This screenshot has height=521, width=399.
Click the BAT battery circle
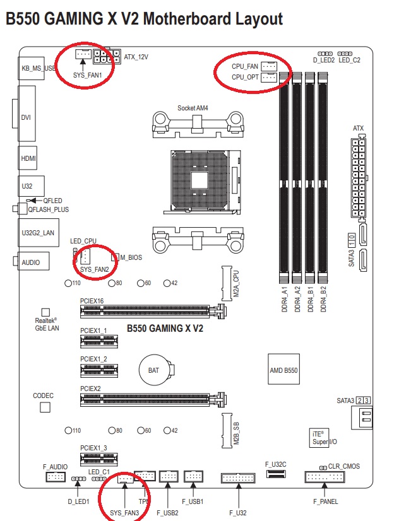click(153, 370)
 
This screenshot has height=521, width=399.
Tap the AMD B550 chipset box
click(283, 370)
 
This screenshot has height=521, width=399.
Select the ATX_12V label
click(136, 57)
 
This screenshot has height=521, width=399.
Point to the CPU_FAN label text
click(245, 66)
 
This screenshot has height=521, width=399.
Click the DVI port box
click(28, 117)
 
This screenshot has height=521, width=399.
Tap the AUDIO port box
click(30, 261)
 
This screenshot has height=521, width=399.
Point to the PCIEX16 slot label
click(92, 301)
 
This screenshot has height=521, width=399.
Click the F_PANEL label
click(325, 501)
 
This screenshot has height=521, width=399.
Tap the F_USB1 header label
click(193, 501)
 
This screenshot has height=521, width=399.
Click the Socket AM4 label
click(193, 108)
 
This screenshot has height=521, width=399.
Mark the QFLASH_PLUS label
click(48, 209)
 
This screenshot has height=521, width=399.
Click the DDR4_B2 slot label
click(323, 299)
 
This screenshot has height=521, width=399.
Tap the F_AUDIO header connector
click(55, 477)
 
